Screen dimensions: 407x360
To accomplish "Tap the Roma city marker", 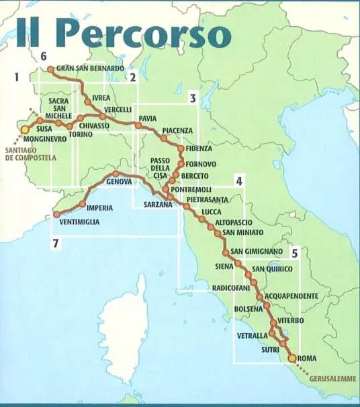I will [x=291, y=359].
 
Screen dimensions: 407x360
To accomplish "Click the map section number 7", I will [x=53, y=244].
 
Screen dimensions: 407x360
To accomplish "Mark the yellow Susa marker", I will [x=26, y=129].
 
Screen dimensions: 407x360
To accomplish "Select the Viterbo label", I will [x=291, y=320].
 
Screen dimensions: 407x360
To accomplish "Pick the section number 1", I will [x=17, y=77].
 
